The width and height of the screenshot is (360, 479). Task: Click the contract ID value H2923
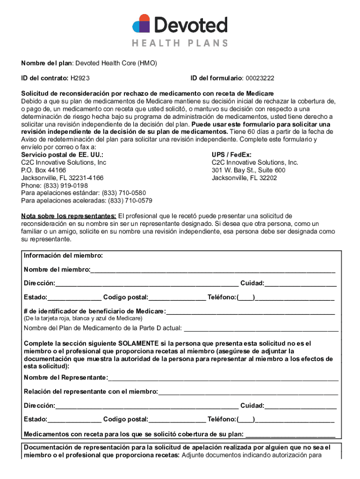(80, 78)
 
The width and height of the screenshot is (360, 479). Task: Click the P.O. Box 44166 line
(43, 170)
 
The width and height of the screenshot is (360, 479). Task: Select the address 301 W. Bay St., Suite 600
(248, 170)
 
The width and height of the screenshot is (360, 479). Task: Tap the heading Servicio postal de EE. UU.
(62, 154)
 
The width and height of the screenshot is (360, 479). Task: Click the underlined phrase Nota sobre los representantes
(69, 216)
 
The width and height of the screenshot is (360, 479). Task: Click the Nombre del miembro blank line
(213, 270)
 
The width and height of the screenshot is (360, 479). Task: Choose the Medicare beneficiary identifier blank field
(250, 312)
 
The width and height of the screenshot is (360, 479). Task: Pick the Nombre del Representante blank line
(223, 378)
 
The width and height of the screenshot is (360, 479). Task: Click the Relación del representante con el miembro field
(248, 392)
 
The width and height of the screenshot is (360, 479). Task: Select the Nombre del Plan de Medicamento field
(261, 328)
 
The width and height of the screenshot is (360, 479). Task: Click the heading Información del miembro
(64, 255)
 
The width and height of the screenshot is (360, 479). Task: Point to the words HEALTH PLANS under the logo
(180, 43)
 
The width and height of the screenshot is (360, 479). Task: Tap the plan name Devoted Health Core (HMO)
(116, 63)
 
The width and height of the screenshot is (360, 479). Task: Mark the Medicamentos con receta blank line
(290, 433)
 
